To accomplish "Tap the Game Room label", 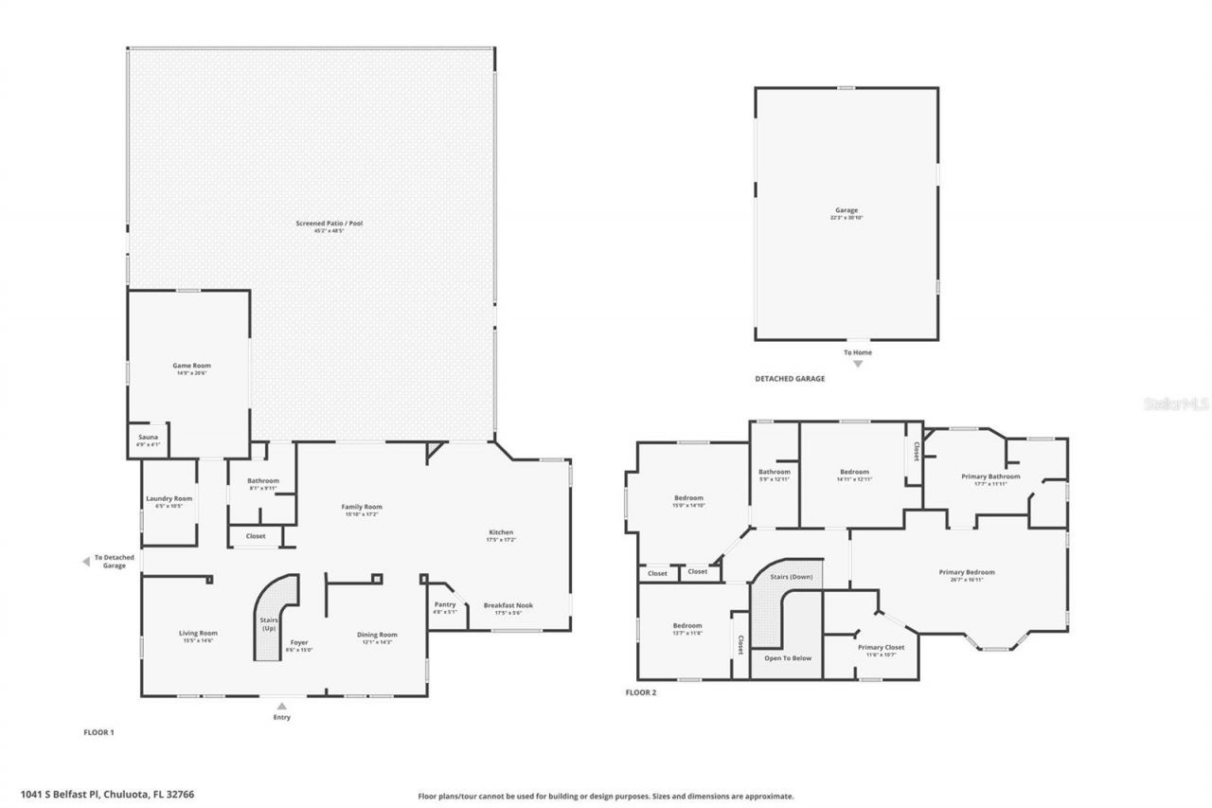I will pyautogui.click(x=191, y=366).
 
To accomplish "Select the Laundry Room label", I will pyautogui.click(x=169, y=499).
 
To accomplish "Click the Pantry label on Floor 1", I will pyautogui.click(x=445, y=604).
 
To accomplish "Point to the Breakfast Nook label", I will pyautogui.click(x=508, y=605).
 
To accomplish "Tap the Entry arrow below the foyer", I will pyautogui.click(x=281, y=705).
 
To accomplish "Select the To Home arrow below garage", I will pyautogui.click(x=858, y=363).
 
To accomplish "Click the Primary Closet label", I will pyautogui.click(x=881, y=648).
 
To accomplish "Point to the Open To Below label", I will pyautogui.click(x=788, y=657).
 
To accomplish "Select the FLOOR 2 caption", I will pyautogui.click(x=640, y=692).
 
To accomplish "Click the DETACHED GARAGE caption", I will pyautogui.click(x=789, y=379).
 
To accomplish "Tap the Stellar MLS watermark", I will pyautogui.click(x=1176, y=404).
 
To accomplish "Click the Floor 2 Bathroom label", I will pyautogui.click(x=774, y=472).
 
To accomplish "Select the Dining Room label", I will pyautogui.click(x=377, y=635).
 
